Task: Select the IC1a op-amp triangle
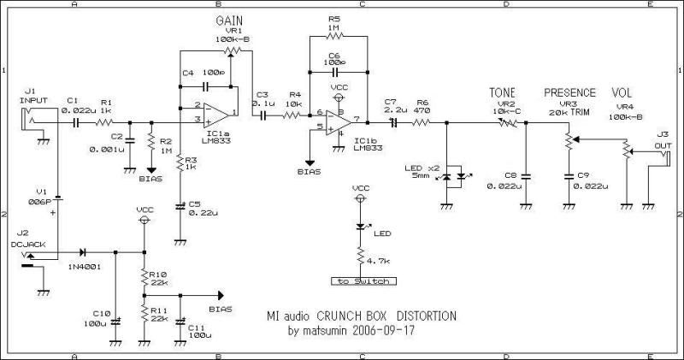[x=215, y=113]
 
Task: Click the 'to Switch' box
[x=360, y=281]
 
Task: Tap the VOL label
[x=621, y=92]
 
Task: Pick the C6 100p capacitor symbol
[x=333, y=74]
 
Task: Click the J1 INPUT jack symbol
[x=32, y=121]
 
